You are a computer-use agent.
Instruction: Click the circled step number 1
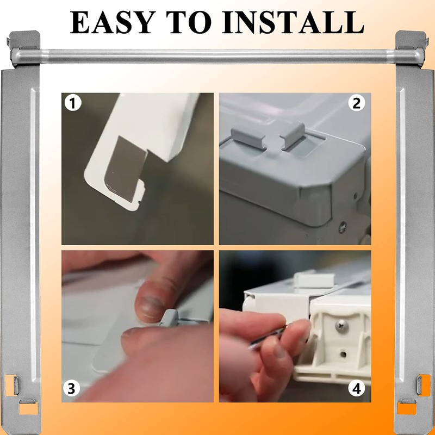pyautogui.click(x=72, y=103)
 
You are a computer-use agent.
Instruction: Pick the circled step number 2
pyautogui.click(x=357, y=103)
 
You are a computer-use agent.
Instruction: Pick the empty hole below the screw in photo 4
pyautogui.click(x=343, y=355)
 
